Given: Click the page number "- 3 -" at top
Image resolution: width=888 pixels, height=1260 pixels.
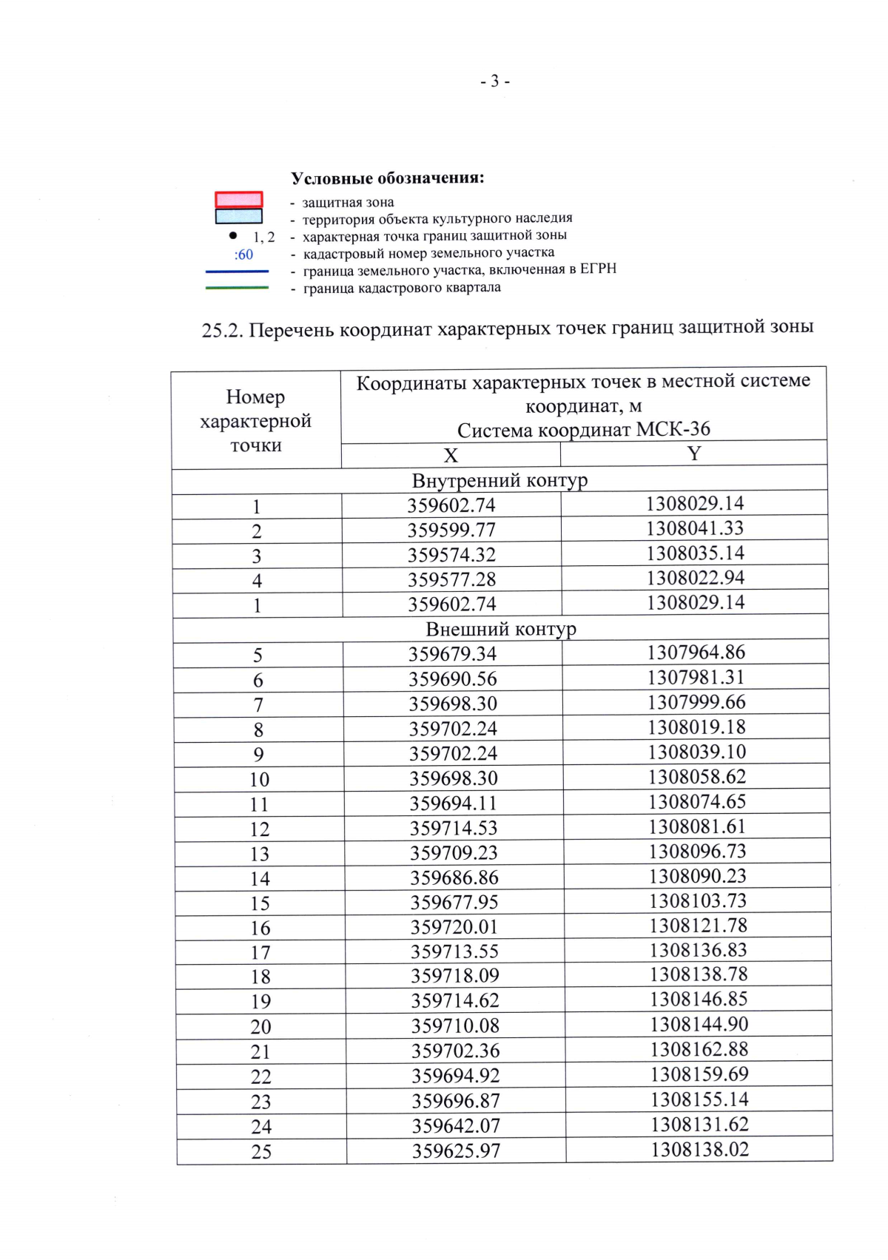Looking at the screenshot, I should pos(494,81).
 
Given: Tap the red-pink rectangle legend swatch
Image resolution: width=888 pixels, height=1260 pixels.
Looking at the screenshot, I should pos(238,199).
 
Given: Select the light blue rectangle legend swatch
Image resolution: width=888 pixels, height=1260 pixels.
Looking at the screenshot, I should pos(238,216).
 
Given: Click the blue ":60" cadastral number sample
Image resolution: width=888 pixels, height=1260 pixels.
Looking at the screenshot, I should pos(243,255).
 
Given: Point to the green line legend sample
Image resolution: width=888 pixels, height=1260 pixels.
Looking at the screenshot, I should pos(237,288).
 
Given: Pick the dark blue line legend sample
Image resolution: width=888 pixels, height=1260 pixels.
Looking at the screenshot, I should pos(237,272).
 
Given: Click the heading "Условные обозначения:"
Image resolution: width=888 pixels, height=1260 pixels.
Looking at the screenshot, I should pos(387,178).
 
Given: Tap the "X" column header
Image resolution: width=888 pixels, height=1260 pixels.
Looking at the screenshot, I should pos(450,456).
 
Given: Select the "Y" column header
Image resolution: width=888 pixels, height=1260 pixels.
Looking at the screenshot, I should pos(693,454).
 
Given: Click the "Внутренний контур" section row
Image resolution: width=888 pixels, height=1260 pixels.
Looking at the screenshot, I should pos(499,481).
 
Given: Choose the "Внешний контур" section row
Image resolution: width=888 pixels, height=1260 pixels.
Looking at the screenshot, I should pos(501,630).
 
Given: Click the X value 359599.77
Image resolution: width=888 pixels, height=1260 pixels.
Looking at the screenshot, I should pos(451,530).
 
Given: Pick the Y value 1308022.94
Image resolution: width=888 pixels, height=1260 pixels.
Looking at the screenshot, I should pos(695,578).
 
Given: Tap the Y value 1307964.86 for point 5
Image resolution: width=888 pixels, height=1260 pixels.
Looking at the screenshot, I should pos(696,653).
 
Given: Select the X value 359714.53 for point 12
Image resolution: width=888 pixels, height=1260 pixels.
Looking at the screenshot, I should pos(454,828).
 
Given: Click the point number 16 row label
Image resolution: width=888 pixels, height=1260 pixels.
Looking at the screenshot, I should pos(260,928).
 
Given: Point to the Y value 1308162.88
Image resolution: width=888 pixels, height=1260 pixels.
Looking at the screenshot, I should pos(699,1049).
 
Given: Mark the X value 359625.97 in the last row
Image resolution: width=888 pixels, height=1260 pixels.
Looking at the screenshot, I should pos(456,1151).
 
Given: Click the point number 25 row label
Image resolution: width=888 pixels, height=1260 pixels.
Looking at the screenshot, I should pos(261,1152).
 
